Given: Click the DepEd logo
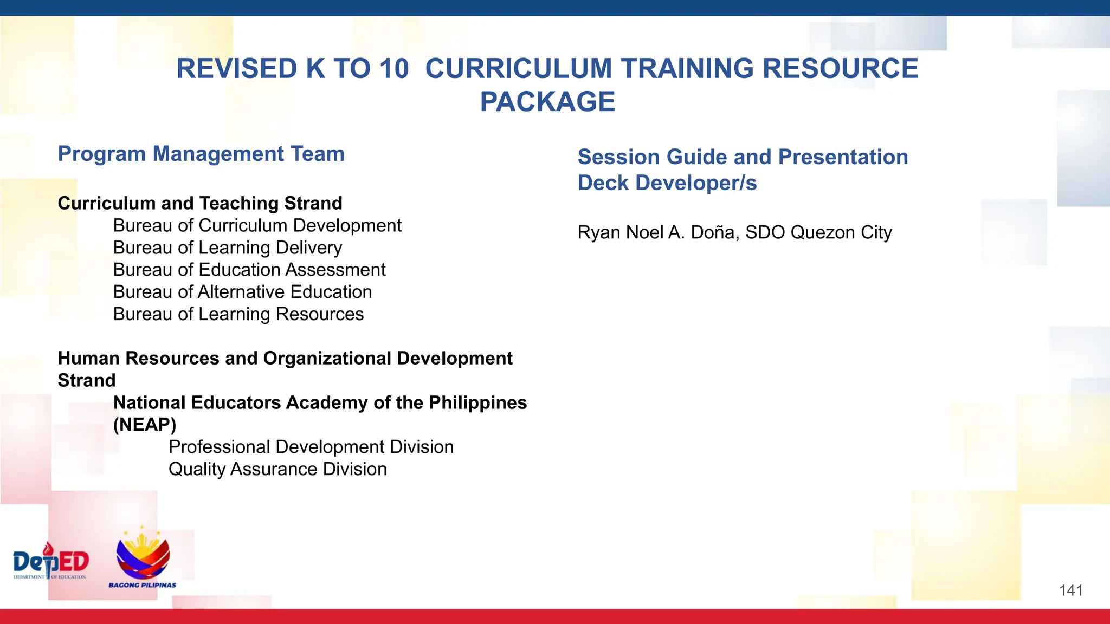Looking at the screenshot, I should click(x=51, y=562).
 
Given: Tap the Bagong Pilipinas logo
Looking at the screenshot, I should click(x=143, y=557).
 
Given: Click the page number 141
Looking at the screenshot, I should click(x=1071, y=590).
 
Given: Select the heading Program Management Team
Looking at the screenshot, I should click(x=201, y=154).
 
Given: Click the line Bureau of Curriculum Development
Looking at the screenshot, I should click(x=257, y=225).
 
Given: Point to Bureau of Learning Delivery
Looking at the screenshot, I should click(x=228, y=248).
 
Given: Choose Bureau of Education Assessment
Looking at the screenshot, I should click(x=249, y=270).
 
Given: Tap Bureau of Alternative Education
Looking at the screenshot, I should click(x=242, y=292).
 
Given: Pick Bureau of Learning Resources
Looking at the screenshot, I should click(x=238, y=314).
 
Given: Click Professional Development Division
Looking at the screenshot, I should click(x=311, y=447).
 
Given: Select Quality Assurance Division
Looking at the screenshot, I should click(x=277, y=469).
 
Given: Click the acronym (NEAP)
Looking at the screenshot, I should click(x=145, y=425).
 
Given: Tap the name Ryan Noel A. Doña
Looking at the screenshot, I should click(x=658, y=232).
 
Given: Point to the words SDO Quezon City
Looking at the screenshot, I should click(x=818, y=232).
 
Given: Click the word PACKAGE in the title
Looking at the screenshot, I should click(x=547, y=102).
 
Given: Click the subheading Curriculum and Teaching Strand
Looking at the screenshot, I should click(x=200, y=203).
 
